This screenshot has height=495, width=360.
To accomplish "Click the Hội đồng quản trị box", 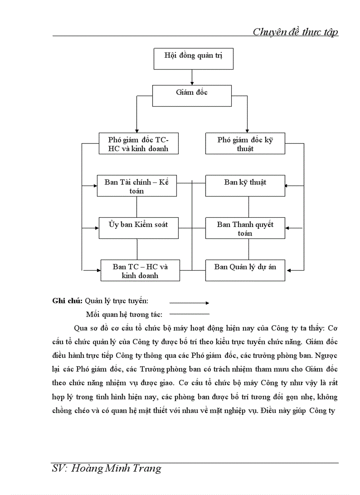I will pyautogui.click(x=193, y=59).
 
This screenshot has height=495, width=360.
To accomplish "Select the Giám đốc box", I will pyautogui.click(x=192, y=96).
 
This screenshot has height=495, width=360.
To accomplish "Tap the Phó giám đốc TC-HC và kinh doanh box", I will pyautogui.click(x=139, y=144).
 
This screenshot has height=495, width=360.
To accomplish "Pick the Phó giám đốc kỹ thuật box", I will pyautogui.click(x=245, y=144).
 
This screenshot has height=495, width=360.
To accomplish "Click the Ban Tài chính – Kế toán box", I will pyautogui.click(x=137, y=186).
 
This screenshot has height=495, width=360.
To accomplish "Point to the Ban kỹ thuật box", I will pyautogui.click(x=245, y=186).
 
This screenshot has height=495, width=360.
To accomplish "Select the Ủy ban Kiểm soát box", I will pyautogui.click(x=138, y=228).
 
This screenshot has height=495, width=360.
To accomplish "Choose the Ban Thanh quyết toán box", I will pyautogui.click(x=245, y=228).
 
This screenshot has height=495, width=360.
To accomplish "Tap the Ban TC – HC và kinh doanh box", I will pyautogui.click(x=140, y=271).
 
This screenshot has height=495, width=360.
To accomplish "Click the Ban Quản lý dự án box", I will pyautogui.click(x=245, y=270).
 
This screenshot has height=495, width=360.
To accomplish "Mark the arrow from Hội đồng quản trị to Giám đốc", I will pyautogui.click(x=192, y=78).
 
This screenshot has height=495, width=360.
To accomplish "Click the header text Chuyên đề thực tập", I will pyautogui.click(x=296, y=32).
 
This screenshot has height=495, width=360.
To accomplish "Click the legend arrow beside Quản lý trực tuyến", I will pyautogui.click(x=189, y=303).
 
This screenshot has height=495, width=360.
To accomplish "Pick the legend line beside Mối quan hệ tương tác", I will pyautogui.click(x=189, y=314).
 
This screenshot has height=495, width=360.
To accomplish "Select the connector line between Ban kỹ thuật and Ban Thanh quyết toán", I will pyautogui.click(x=249, y=207).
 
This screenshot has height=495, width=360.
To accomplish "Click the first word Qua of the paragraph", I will pyautogui.click(x=81, y=328).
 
